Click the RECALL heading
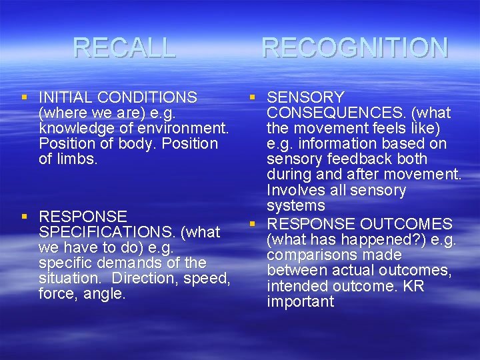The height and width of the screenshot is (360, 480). pyautogui.click(x=124, y=47)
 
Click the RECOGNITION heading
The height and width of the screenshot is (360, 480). pyautogui.click(x=355, y=47)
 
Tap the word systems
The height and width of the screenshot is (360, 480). pyautogui.click(x=295, y=205)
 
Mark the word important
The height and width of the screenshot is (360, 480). pyautogui.click(x=300, y=301)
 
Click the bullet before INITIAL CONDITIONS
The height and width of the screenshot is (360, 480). pyautogui.click(x=25, y=98)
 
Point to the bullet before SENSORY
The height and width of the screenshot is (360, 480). pyautogui.click(x=253, y=98)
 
